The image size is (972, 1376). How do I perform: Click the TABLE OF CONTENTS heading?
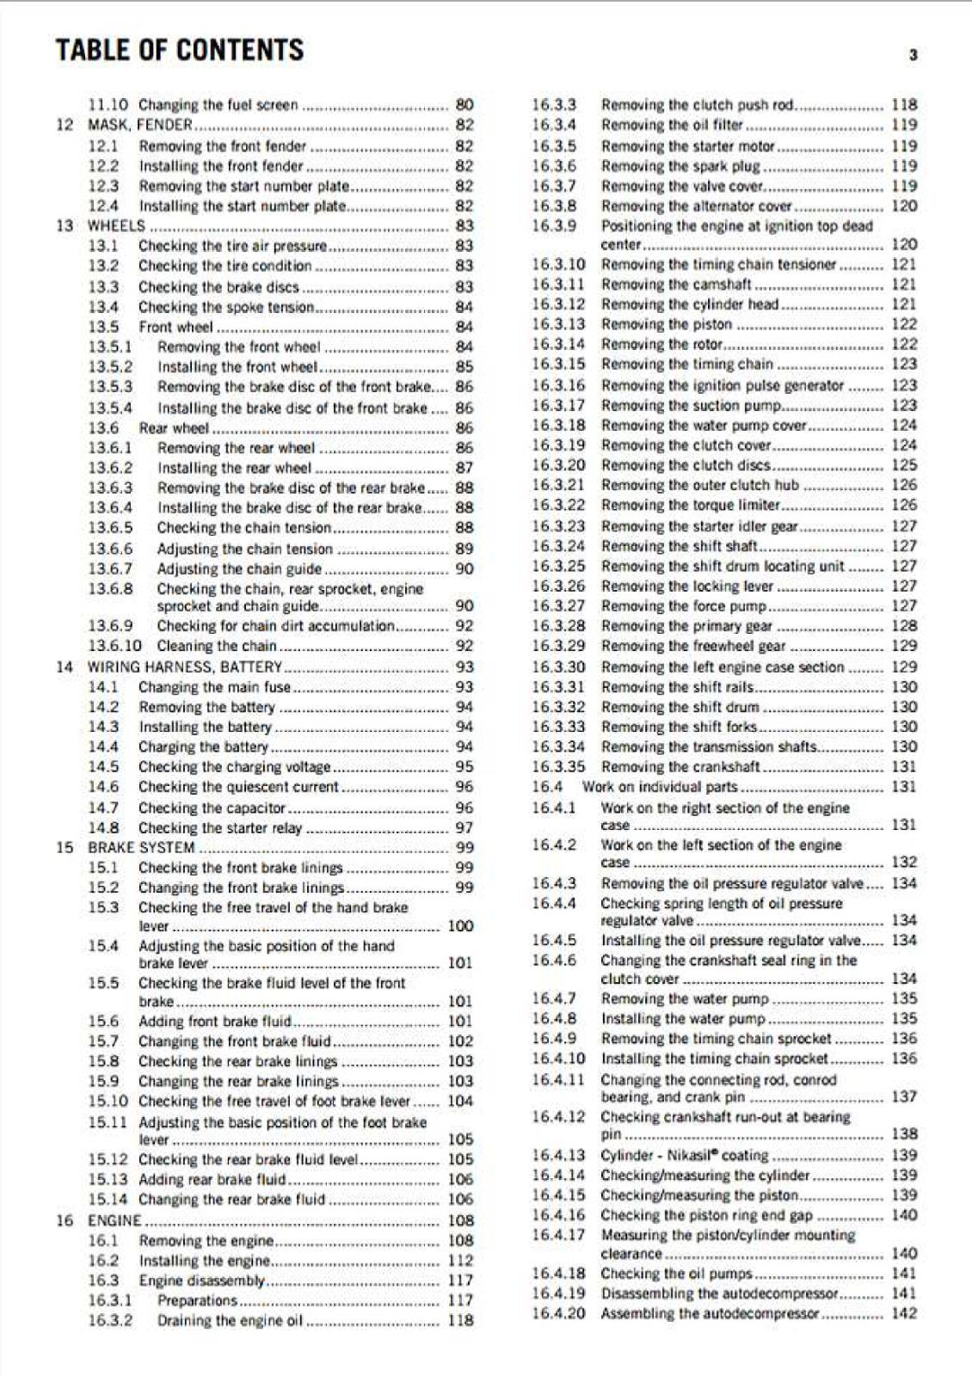point(179,50)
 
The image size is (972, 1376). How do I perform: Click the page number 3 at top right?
point(913,55)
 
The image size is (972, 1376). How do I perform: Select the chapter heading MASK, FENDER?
point(140,125)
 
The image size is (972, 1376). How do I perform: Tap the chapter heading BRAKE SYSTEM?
point(141,848)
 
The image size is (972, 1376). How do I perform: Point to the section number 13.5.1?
point(110,347)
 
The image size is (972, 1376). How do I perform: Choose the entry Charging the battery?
point(203,746)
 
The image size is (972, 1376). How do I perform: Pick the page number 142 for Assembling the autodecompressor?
point(904,1313)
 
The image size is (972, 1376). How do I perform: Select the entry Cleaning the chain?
point(217,646)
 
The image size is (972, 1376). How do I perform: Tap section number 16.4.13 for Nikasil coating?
point(557,1155)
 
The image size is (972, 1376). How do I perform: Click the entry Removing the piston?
point(667,324)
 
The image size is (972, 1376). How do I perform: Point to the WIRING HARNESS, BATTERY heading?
point(185,666)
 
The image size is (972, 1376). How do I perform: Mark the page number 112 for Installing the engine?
point(460,1261)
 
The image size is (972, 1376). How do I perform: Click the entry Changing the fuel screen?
point(218,105)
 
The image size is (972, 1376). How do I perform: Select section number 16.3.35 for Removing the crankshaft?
point(557,766)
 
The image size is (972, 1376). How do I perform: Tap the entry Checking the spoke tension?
point(226,307)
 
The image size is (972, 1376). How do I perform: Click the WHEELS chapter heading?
point(116,226)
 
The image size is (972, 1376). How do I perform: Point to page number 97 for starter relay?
point(464,827)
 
